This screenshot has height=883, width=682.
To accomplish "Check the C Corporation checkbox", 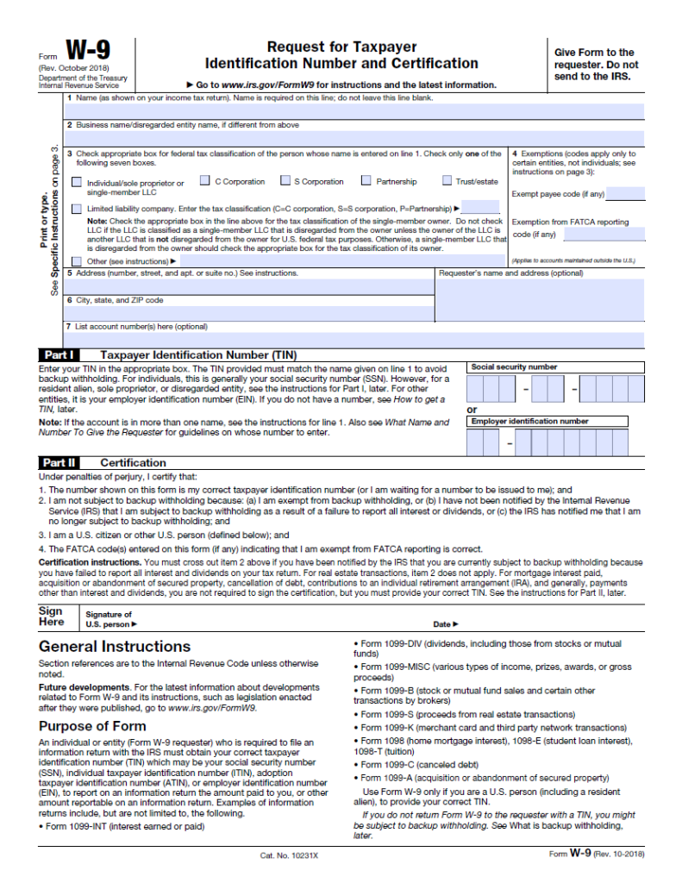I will pyautogui.click(x=205, y=181).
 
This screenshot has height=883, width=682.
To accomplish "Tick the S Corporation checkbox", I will pyautogui.click(x=285, y=181).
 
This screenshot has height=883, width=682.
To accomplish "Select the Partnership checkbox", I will pyautogui.click(x=366, y=181).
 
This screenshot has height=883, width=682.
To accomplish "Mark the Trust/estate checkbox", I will pyautogui.click(x=447, y=181).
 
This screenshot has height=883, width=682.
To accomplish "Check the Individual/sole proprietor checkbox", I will pyautogui.click(x=78, y=183).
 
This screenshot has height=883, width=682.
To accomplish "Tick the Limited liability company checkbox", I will pyautogui.click(x=78, y=209).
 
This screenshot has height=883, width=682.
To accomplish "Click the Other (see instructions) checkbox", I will pyautogui.click(x=78, y=260).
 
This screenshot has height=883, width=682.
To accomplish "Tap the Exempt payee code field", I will pyautogui.click(x=626, y=194).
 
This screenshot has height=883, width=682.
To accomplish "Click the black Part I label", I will pyautogui.click(x=59, y=354).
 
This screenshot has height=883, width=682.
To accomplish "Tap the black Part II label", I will pyautogui.click(x=59, y=463).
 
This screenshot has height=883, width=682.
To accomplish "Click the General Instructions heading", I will pyautogui.click(x=115, y=647).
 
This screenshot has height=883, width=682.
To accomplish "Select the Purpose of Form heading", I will pyautogui.click(x=92, y=726).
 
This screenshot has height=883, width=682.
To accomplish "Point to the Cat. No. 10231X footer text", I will pyautogui.click(x=289, y=856).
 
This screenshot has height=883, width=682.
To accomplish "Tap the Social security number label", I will pyautogui.click(x=514, y=367).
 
